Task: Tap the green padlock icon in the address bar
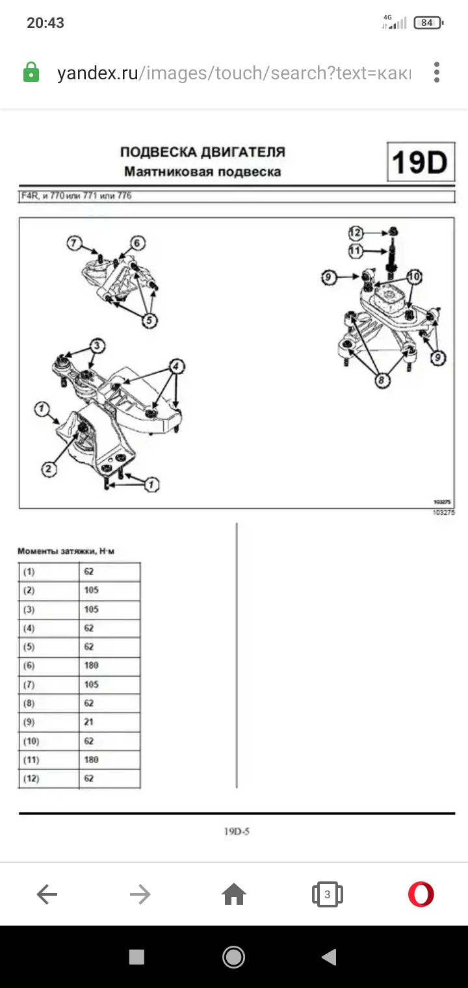tap(31, 72)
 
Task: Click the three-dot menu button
tap(437, 72)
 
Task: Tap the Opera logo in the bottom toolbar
tap(421, 894)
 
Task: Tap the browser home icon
tap(234, 895)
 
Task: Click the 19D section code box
tap(420, 162)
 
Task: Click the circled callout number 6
tap(137, 244)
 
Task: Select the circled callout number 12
tap(356, 232)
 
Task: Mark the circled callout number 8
tap(382, 381)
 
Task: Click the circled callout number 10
tap(413, 276)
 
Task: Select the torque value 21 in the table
tap(89, 722)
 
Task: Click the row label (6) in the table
tap(29, 666)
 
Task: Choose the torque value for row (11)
tap(91, 760)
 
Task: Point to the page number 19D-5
tap(237, 831)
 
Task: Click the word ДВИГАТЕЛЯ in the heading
tap(243, 152)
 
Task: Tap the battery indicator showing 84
tap(427, 23)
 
